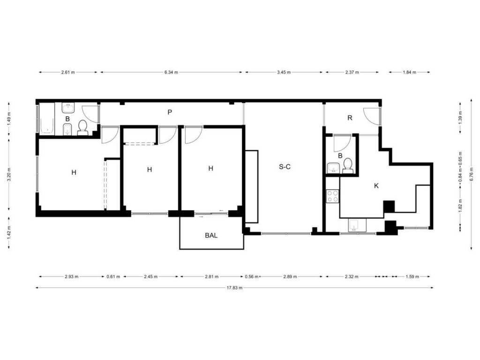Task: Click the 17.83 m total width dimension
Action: click(x=234, y=288)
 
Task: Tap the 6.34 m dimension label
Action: click(x=171, y=72)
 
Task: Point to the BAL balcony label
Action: click(x=211, y=235)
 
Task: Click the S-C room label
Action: click(x=285, y=167)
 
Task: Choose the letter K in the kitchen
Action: click(x=376, y=186)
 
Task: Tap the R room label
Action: click(x=350, y=118)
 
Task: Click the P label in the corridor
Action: click(x=170, y=112)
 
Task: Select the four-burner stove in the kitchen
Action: click(x=332, y=196)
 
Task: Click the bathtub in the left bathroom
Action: click(x=47, y=119)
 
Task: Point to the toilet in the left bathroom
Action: click(x=82, y=128)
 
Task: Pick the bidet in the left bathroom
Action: click(x=67, y=129)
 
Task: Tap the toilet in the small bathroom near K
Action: click(x=347, y=165)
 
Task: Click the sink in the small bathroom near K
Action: click(x=333, y=168)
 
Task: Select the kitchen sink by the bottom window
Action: click(x=357, y=225)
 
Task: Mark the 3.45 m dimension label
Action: click(x=284, y=72)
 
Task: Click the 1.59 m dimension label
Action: click(x=412, y=277)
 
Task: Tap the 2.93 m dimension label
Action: click(x=72, y=277)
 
